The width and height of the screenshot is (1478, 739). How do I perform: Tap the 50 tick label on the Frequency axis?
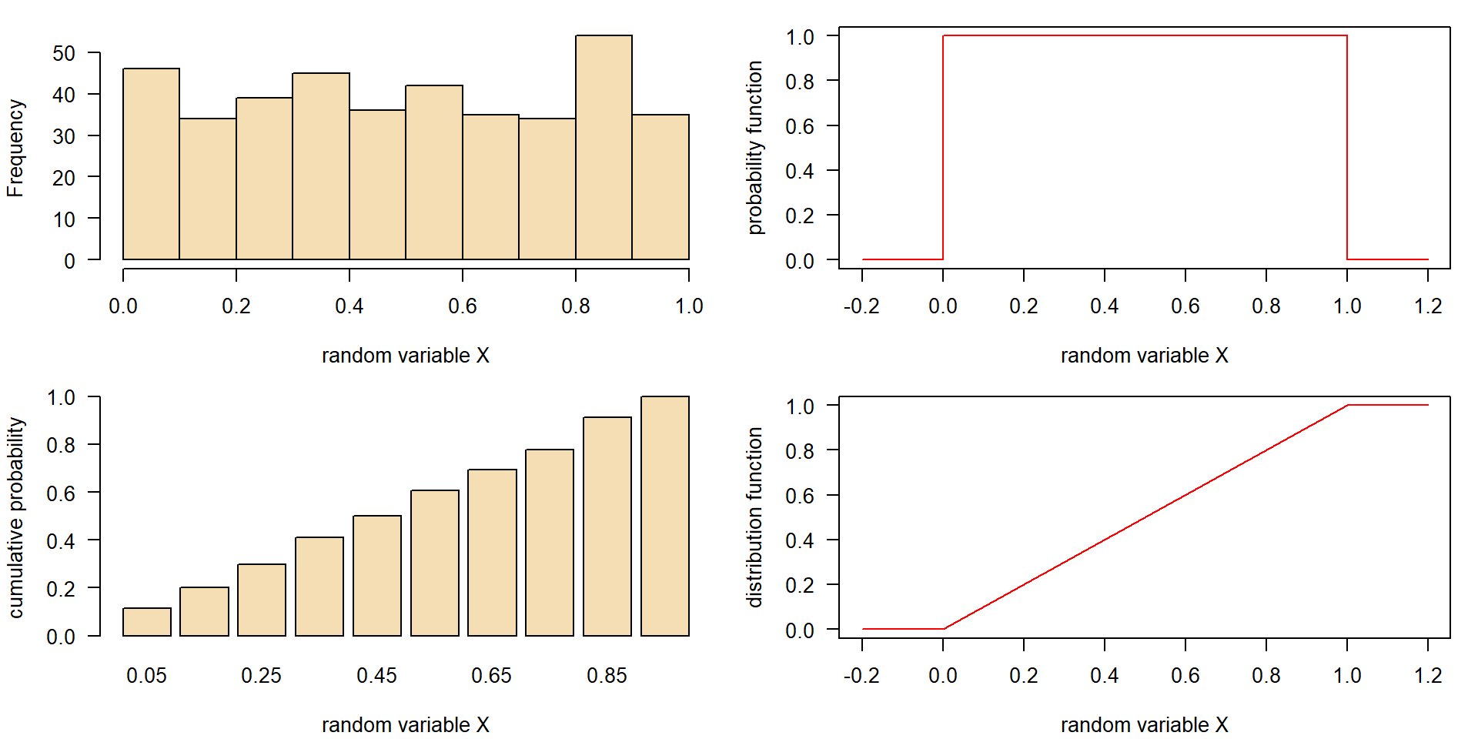64,54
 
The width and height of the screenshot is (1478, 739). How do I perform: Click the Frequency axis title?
15,148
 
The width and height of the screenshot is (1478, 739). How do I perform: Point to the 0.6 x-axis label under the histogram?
462,306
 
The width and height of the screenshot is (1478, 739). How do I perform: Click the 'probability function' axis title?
754,148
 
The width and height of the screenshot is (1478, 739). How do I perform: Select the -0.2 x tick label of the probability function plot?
861,306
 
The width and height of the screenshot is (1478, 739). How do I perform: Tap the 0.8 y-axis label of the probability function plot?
799,82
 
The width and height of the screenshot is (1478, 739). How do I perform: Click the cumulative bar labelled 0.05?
147,622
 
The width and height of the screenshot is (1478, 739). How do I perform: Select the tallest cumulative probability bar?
665,516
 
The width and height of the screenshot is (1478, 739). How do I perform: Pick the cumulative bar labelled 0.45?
377,576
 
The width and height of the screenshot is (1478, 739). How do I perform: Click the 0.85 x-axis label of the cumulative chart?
607,676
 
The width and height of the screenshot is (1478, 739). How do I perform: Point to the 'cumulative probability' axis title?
15,517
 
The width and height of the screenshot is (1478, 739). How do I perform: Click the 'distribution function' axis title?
754,517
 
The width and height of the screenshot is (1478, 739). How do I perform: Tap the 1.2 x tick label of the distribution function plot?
1428,676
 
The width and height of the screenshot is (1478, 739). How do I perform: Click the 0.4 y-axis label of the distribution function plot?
799,540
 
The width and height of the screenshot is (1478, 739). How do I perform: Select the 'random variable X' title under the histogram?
405,356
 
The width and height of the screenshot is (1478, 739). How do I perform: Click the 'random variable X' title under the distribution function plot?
1144,725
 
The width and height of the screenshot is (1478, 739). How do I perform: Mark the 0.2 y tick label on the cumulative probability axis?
61,589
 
